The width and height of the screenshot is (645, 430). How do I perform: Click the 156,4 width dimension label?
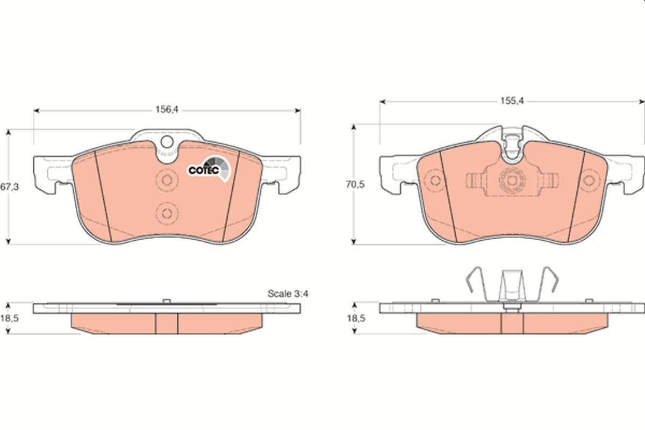point(166,109)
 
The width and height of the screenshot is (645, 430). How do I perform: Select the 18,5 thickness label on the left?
point(9,318)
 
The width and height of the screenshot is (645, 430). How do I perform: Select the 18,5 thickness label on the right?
point(356,318)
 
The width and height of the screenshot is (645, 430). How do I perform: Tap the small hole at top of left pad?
point(167,142)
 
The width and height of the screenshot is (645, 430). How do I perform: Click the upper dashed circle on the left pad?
point(166,180)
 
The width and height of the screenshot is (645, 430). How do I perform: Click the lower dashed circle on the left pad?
point(166,212)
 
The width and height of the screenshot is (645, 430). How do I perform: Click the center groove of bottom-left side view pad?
point(167,322)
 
